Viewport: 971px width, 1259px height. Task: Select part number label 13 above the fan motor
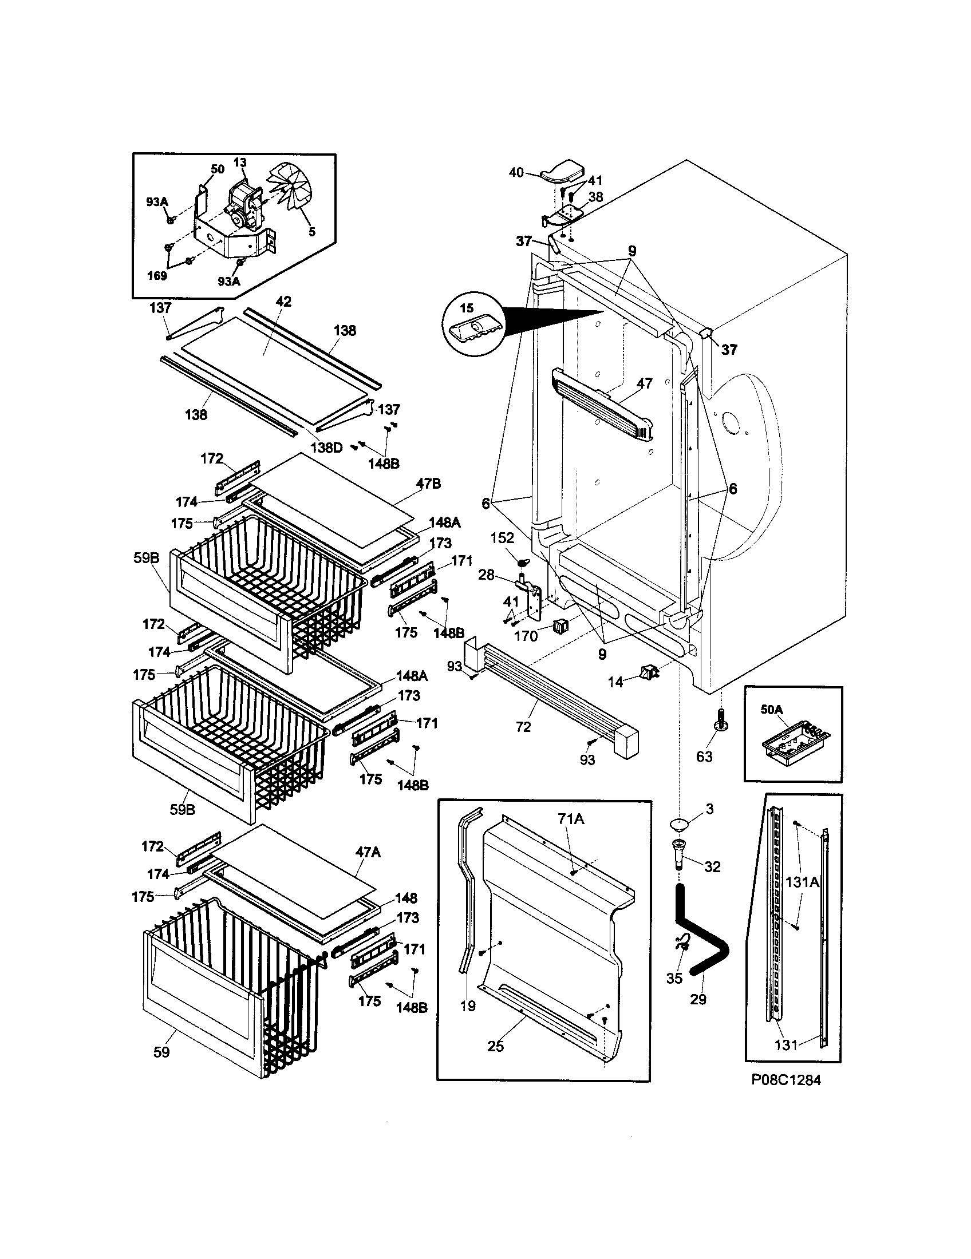click(240, 163)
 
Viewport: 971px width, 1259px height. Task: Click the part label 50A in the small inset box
click(772, 710)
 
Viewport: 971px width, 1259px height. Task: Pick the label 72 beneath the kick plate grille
click(523, 727)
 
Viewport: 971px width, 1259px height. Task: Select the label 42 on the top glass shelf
click(284, 302)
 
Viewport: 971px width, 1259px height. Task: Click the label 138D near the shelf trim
click(326, 448)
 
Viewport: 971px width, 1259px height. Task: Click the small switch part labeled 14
click(648, 672)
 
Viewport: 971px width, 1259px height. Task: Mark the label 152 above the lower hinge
click(502, 538)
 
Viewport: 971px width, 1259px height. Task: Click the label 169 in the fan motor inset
click(157, 276)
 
